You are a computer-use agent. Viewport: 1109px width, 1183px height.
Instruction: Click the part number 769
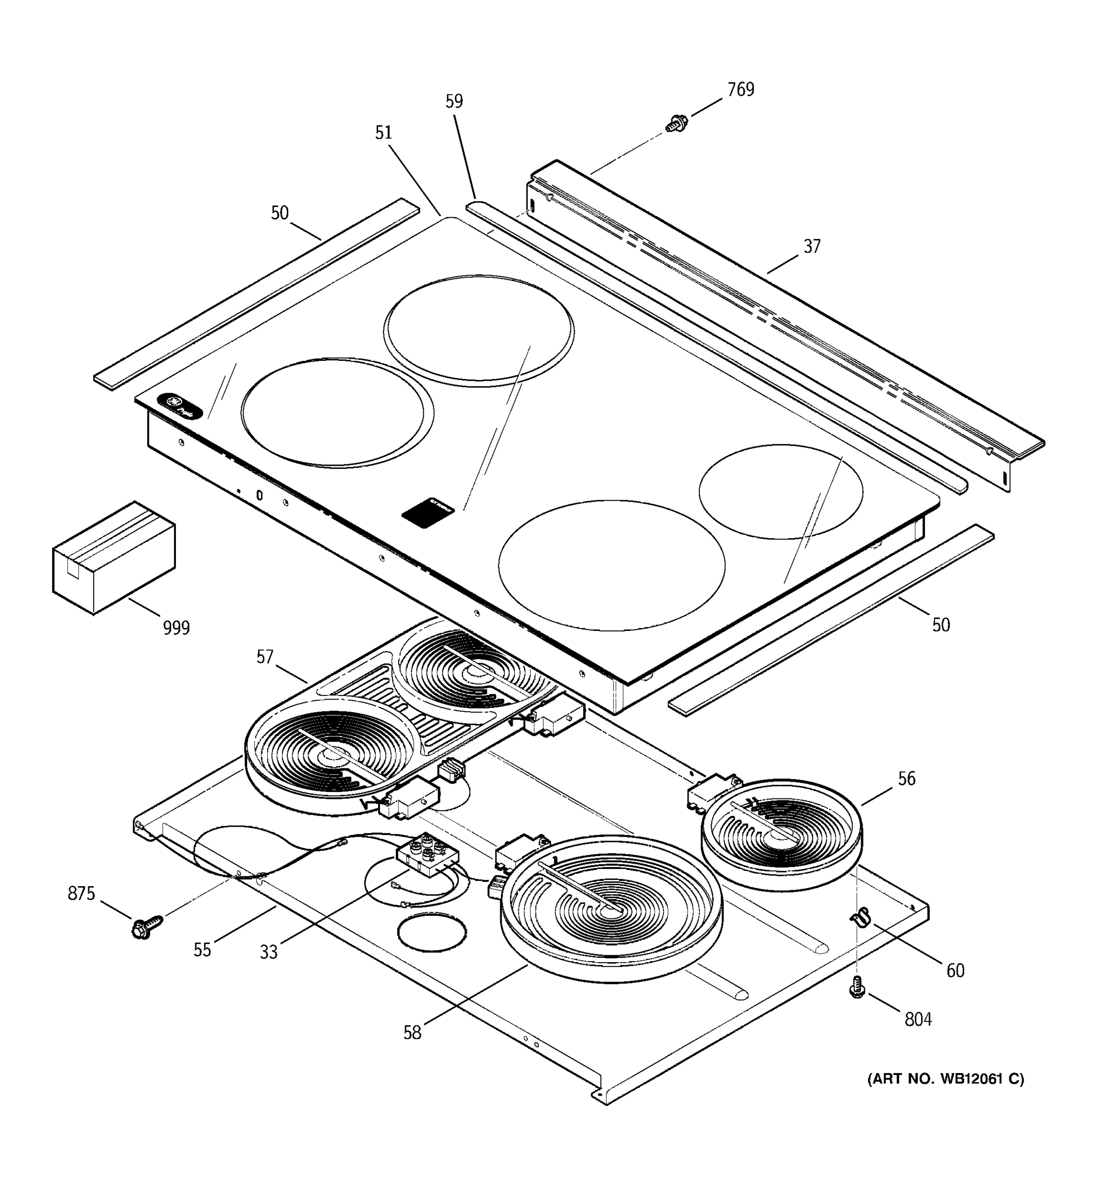(x=740, y=90)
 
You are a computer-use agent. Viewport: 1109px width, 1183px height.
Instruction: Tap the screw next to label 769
(x=676, y=124)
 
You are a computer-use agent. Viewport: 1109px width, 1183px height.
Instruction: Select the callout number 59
(x=454, y=102)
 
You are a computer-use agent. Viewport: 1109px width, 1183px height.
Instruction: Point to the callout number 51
(x=384, y=133)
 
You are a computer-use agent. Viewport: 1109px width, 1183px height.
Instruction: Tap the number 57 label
(x=265, y=657)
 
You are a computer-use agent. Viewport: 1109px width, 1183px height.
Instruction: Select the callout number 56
(x=906, y=778)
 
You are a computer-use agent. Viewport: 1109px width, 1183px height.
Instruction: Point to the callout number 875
(x=81, y=894)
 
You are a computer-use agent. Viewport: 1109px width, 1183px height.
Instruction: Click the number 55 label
(x=202, y=950)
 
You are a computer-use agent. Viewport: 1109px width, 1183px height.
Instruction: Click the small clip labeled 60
(x=860, y=917)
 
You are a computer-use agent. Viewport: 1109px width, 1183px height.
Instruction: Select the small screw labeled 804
(x=857, y=988)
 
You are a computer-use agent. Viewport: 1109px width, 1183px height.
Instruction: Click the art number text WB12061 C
(x=946, y=1079)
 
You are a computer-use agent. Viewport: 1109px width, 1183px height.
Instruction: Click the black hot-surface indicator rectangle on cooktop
(x=428, y=512)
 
